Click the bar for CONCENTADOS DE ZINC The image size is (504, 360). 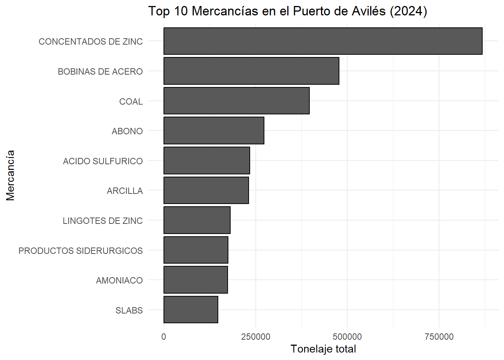point(323,41)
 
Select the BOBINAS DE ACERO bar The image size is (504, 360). point(251,71)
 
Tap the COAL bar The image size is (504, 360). point(237,101)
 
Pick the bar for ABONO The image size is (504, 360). point(214,130)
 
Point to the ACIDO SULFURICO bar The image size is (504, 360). point(207,160)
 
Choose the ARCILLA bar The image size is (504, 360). point(206,190)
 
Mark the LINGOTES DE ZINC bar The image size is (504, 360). point(197,220)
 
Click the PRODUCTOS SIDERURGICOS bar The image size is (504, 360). point(196,250)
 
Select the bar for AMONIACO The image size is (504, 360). point(195,280)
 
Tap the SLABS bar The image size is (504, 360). point(191,310)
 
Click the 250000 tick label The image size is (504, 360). point(256,337)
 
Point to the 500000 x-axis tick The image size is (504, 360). point(347,337)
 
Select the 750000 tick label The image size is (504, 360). point(439,337)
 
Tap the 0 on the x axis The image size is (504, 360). point(163,337)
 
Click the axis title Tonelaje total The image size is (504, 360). point(323,349)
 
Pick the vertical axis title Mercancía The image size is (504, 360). point(10,175)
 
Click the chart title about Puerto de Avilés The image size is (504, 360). point(288,11)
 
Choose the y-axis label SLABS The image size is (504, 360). point(129,310)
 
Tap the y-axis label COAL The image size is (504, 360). point(131,102)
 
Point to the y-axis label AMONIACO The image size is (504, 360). point(120,280)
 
